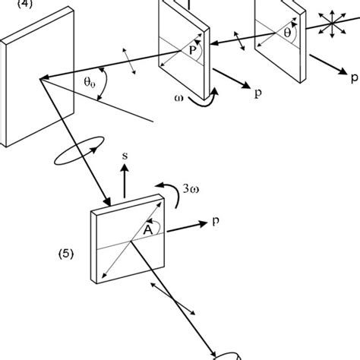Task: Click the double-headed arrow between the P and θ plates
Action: [x=238, y=37]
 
